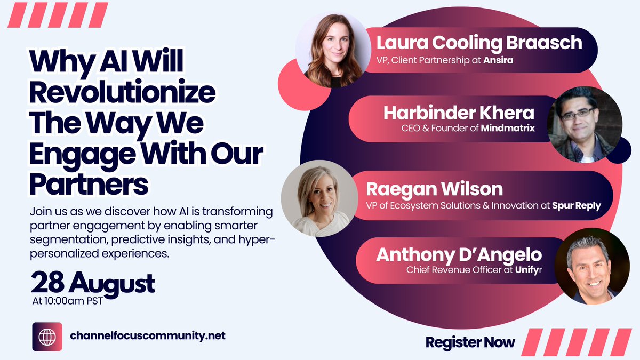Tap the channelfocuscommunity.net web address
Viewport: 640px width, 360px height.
pyautogui.click(x=148, y=336)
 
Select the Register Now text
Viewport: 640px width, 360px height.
pyautogui.click(x=470, y=342)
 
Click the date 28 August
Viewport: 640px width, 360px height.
pyautogui.click(x=93, y=283)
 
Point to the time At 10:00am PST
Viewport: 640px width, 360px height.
pyautogui.click(x=68, y=301)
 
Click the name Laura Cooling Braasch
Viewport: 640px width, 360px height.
pyautogui.click(x=478, y=43)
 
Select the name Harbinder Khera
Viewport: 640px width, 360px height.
pyautogui.click(x=458, y=113)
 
